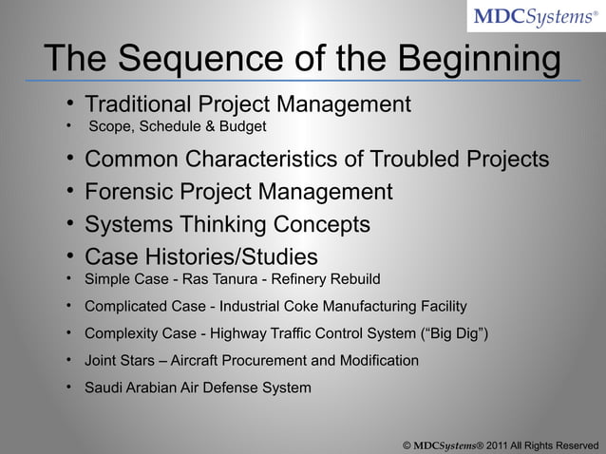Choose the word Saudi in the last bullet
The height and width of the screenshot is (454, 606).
[x=104, y=388]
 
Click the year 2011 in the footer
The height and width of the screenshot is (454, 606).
[x=500, y=444]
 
